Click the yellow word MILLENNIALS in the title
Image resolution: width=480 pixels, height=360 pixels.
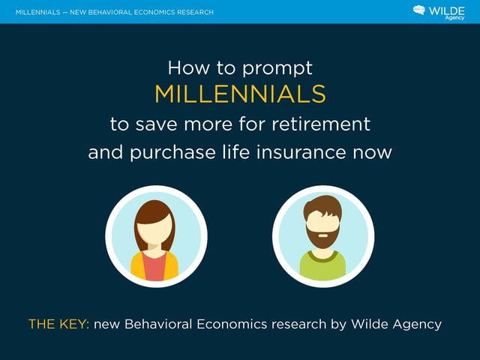click(x=240, y=94)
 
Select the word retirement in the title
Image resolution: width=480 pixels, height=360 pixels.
click(x=321, y=124)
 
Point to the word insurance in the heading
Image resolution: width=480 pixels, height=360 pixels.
click(x=301, y=152)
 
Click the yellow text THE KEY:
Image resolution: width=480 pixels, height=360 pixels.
click(x=58, y=324)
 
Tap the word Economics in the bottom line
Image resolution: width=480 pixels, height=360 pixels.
click(x=232, y=324)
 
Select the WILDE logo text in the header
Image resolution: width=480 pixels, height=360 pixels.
click(x=447, y=11)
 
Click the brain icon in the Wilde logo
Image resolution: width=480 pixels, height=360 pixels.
click(x=419, y=10)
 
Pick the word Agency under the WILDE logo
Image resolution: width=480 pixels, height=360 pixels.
click(x=454, y=18)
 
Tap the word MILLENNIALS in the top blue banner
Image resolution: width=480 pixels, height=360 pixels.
click(x=38, y=12)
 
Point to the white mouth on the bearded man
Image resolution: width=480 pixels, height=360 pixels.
click(x=322, y=235)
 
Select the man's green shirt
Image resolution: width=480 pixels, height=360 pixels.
click(x=322, y=265)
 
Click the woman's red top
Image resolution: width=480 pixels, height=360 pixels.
click(x=154, y=266)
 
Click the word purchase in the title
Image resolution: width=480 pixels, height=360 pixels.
click(x=173, y=153)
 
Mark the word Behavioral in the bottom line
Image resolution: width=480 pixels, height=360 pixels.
click(x=158, y=324)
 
